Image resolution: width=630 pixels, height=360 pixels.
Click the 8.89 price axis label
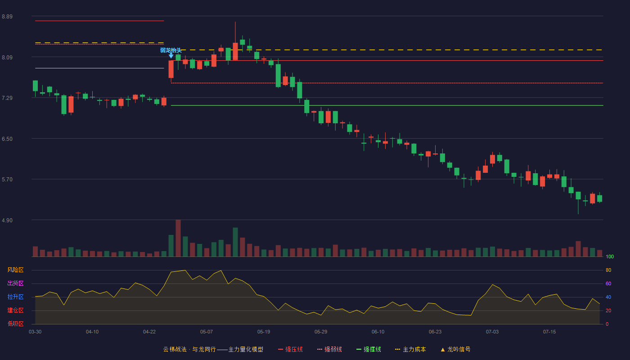7,17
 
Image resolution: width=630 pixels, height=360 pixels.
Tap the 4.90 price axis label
7,220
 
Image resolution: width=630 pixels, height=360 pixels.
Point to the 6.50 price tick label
7,139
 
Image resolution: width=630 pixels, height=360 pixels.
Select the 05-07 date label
207,332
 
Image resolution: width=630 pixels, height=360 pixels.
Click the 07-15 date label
549,332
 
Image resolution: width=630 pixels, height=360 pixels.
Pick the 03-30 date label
35,332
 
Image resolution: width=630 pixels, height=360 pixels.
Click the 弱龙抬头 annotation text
171,50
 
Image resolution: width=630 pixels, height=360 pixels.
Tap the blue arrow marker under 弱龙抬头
171,56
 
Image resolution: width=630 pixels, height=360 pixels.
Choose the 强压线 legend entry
290,349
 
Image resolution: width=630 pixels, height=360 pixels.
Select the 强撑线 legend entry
369,349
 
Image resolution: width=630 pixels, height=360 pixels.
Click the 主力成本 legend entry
410,349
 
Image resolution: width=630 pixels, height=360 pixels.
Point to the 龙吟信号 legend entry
455,349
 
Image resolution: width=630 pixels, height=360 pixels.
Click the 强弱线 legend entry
329,349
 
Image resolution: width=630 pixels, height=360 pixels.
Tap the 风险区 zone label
15,270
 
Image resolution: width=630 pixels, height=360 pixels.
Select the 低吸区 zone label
15,324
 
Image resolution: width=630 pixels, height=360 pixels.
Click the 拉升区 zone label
15,297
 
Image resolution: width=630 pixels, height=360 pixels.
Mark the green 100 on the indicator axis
610,256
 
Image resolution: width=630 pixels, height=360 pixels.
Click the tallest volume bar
178,238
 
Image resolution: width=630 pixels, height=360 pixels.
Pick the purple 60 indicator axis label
608,283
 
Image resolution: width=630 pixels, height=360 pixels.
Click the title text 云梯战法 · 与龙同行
189,349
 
